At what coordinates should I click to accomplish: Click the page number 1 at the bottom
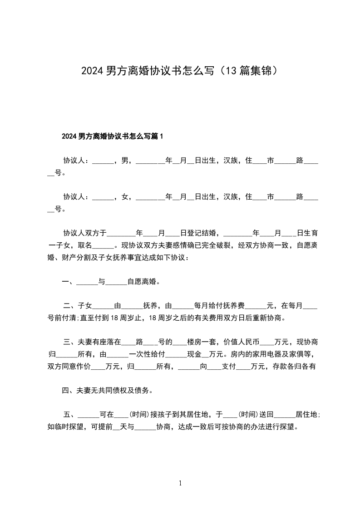click(x=180, y=483)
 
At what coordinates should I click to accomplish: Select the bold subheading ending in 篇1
click(x=112, y=136)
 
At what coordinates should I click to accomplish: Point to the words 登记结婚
click(x=200, y=234)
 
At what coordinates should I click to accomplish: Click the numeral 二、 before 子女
click(x=70, y=306)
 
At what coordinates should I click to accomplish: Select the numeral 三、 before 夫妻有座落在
click(x=70, y=342)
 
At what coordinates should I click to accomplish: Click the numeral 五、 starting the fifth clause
click(x=70, y=415)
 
